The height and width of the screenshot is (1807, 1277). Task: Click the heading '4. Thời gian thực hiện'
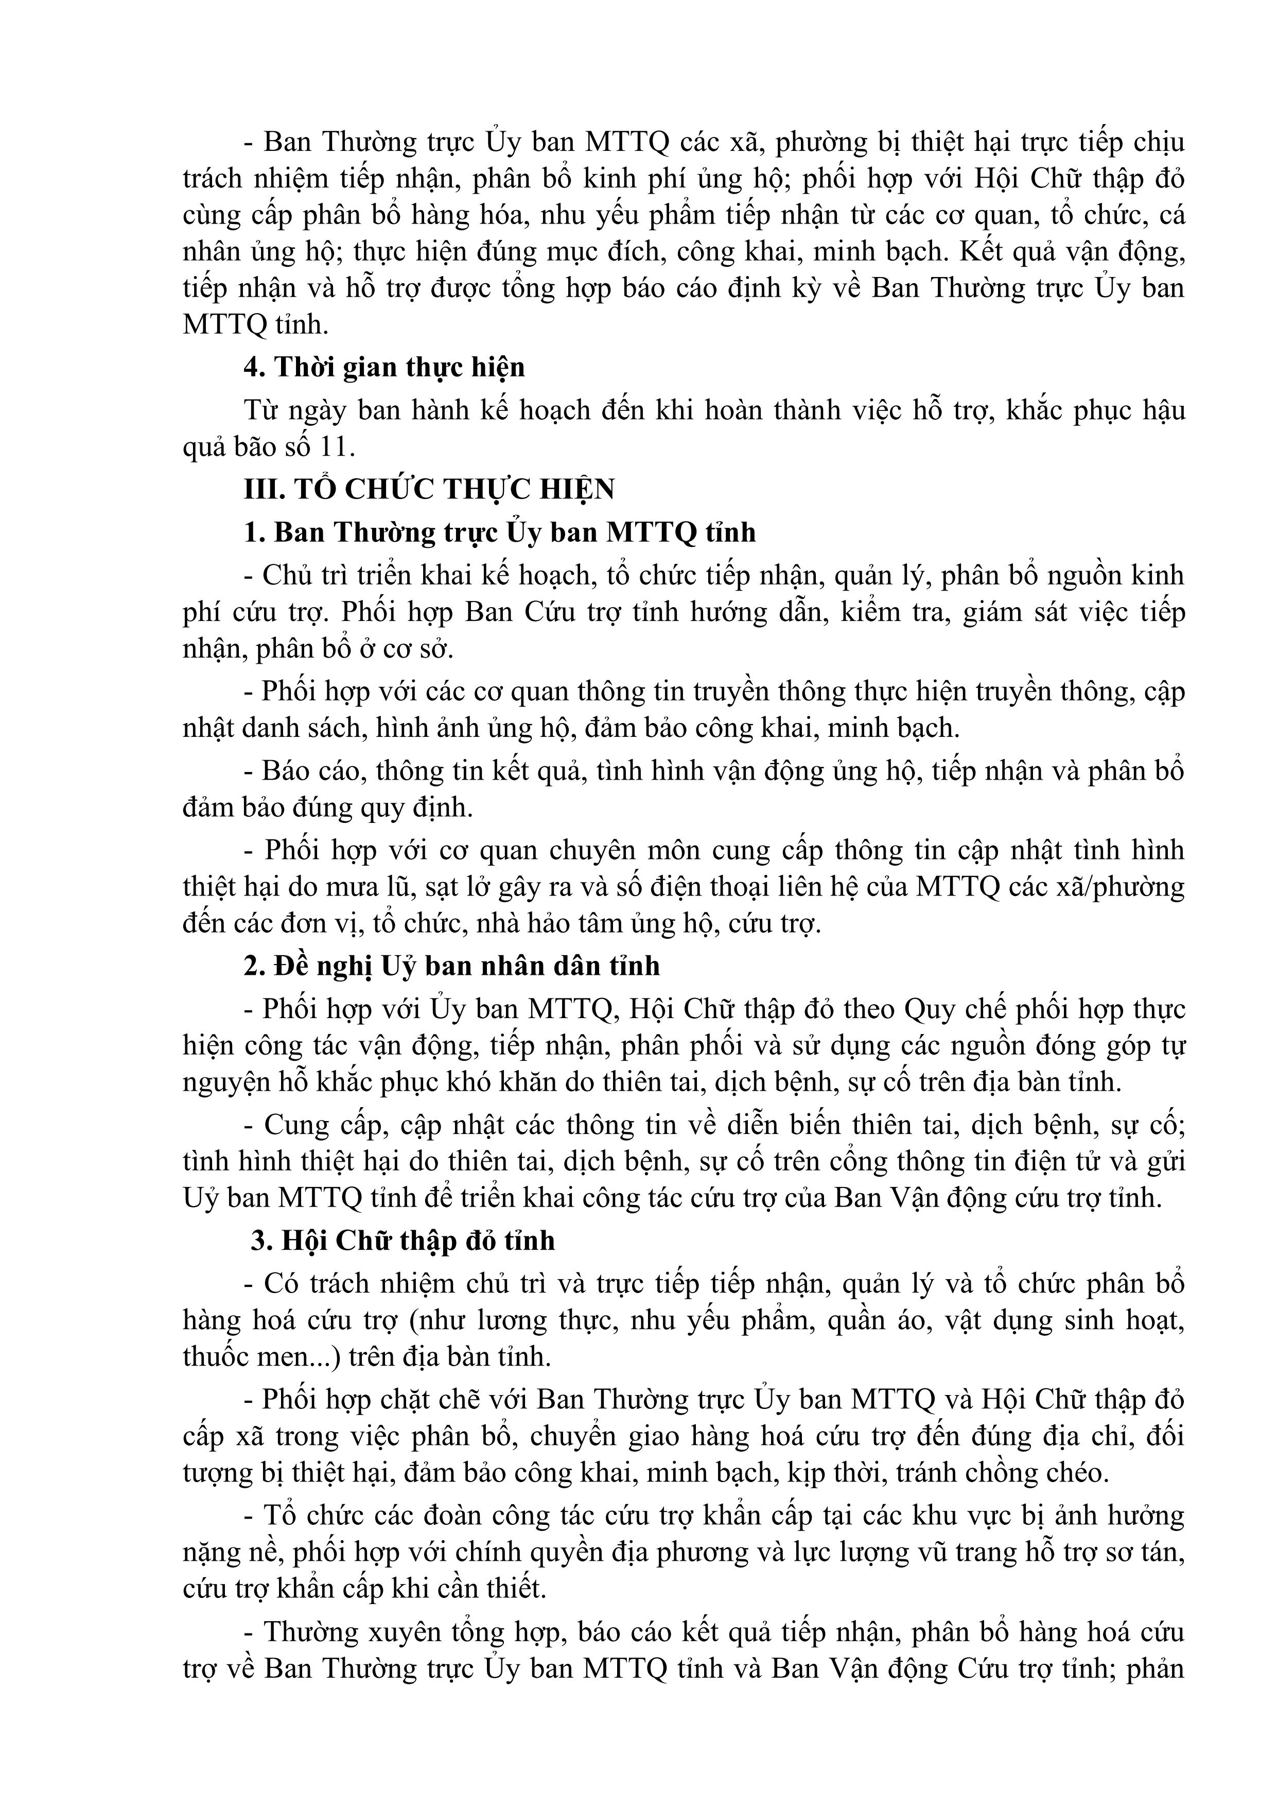[384, 368]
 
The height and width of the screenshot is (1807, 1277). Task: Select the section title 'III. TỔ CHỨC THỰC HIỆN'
[429, 490]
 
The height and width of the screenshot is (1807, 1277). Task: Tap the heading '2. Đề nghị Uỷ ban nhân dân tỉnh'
[451, 966]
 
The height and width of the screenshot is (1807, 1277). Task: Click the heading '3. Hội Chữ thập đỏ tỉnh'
[403, 1241]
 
